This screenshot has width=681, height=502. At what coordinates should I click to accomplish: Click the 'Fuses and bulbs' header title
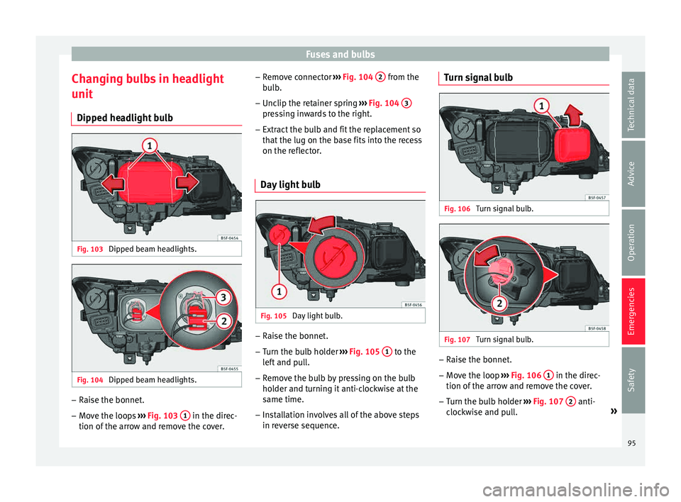click(340, 55)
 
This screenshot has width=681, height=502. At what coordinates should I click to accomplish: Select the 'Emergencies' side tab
click(633, 311)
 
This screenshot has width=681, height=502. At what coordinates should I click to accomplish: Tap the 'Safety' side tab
click(633, 380)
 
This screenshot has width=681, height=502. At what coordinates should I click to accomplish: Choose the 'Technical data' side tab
click(633, 105)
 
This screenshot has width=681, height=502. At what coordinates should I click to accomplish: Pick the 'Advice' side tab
click(633, 174)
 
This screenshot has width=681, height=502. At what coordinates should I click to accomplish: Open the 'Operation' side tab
click(633, 242)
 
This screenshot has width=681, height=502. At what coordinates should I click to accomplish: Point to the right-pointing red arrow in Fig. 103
click(187, 182)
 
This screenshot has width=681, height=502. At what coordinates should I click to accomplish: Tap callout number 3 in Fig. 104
click(223, 298)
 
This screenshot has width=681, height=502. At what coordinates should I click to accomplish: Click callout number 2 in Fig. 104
click(223, 321)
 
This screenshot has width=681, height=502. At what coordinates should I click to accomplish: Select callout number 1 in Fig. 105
click(279, 291)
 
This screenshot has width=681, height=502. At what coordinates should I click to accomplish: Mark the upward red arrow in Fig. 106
click(573, 114)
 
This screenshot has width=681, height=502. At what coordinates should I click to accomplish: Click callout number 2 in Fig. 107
click(499, 303)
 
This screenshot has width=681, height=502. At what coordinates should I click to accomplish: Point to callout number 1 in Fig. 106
click(541, 106)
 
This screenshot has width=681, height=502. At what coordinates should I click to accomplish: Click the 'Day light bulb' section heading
click(290, 184)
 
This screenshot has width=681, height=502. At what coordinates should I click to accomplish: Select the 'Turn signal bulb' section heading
click(478, 77)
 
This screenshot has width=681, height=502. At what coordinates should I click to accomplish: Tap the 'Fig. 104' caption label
click(90, 380)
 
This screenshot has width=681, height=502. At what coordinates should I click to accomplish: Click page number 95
click(631, 443)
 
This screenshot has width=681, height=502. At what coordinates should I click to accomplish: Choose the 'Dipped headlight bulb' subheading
click(125, 118)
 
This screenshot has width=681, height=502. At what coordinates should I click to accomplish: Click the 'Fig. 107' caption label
click(457, 340)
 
